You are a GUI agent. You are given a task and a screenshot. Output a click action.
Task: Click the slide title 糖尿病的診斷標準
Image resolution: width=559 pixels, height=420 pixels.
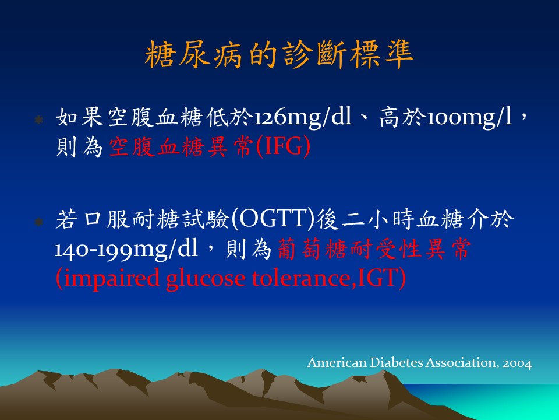279,54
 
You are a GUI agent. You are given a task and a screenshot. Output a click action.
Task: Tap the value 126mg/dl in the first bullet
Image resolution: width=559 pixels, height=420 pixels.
302,117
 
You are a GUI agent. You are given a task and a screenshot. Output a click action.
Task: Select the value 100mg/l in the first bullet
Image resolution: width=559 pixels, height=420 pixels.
469,117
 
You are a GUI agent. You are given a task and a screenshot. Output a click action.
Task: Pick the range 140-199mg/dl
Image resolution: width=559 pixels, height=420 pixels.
126,249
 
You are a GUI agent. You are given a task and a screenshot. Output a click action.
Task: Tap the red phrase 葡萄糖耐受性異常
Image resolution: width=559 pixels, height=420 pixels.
374,249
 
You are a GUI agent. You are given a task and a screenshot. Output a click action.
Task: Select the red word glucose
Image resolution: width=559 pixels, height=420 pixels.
206,279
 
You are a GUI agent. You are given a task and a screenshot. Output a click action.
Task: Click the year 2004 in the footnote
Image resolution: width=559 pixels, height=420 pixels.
517,363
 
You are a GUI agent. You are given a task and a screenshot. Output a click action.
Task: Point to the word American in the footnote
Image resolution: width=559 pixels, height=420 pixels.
337,362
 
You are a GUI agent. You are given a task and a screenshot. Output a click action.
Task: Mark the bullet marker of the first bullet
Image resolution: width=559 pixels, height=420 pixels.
38,120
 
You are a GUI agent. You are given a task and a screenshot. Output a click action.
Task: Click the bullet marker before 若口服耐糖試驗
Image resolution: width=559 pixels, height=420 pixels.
38,222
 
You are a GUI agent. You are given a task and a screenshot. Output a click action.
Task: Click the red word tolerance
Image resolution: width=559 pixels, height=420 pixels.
302,278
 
